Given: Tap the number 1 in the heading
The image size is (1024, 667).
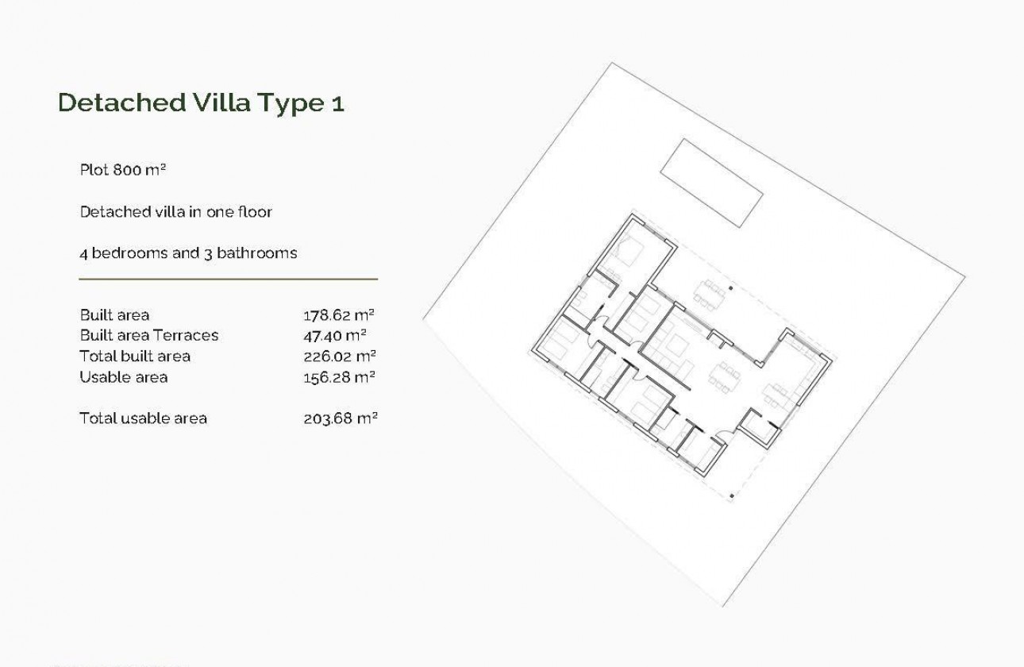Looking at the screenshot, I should tap(338, 104).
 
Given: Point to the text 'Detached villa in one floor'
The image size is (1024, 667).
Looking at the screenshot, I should tap(176, 212).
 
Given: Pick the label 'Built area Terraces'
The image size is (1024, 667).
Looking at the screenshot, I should tap(149, 335).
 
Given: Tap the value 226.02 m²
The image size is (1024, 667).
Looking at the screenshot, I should tap(340, 356).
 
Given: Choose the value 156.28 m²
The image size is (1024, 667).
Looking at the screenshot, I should tap(340, 377).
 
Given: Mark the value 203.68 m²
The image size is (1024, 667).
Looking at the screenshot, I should tap(340, 418).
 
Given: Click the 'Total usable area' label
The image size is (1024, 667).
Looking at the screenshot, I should tap(143, 418).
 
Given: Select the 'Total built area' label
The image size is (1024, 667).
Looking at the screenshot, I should tap(135, 356).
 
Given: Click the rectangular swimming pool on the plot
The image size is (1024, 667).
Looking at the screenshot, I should tap(712, 182).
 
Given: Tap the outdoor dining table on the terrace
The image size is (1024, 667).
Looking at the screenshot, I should tap(709, 291).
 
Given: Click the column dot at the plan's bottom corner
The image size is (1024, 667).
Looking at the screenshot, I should tap(731, 497).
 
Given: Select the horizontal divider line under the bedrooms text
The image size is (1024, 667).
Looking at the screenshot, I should tap(229, 280).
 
